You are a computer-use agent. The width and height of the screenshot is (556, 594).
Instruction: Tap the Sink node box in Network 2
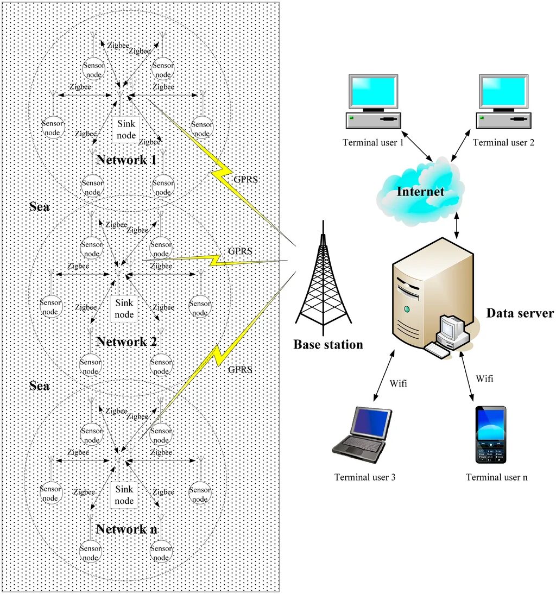[x=124, y=309]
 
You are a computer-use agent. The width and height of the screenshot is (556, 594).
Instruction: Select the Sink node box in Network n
[x=124, y=495]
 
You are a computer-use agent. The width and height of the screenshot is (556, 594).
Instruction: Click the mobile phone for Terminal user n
[x=491, y=434]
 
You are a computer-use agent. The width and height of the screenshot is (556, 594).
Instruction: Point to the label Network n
[x=127, y=529]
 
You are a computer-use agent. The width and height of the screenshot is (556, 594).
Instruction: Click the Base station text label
[x=328, y=344]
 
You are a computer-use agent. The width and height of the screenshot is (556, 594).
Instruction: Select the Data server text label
[x=520, y=313]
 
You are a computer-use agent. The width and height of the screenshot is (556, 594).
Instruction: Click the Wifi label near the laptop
[x=398, y=384]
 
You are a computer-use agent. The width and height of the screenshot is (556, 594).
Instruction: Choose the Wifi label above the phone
[x=484, y=378]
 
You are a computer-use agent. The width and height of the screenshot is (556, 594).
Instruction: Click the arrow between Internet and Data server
[x=456, y=224]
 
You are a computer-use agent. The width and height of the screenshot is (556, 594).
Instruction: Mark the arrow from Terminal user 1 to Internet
[x=416, y=145]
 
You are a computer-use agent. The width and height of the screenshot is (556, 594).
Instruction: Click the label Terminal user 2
[x=503, y=143]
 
